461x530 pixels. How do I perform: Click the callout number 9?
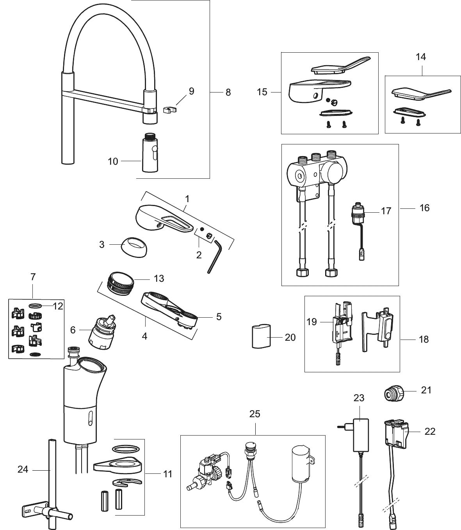coord(191,91)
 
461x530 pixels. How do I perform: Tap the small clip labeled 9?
coord(168,110)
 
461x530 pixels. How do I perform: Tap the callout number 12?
coord(58,306)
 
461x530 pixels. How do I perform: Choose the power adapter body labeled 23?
coord(360,432)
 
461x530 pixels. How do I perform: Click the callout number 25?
coord(255,414)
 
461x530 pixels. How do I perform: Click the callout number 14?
coord(421,57)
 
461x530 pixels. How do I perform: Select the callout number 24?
coord(23,469)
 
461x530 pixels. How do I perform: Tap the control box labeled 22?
coord(396,433)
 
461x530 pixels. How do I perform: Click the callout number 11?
coord(168,474)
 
